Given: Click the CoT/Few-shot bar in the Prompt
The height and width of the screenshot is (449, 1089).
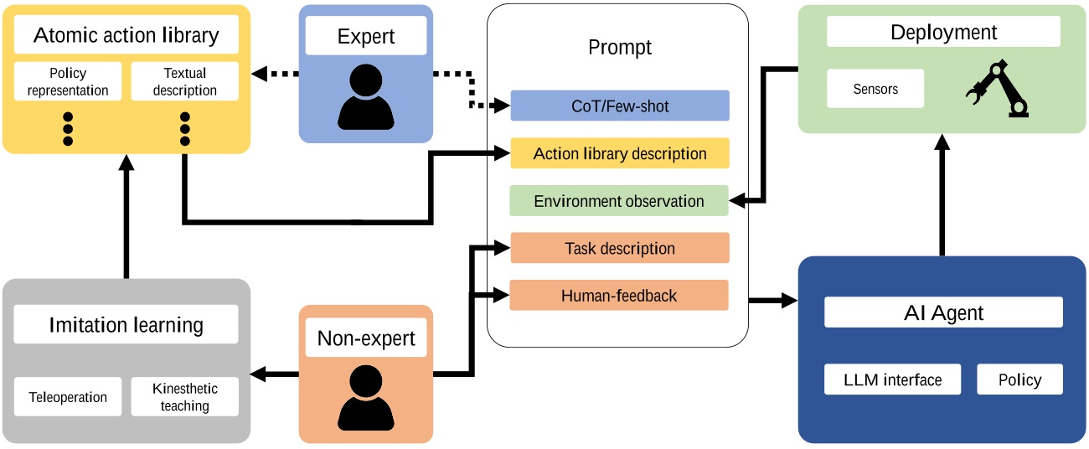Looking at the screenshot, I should [620, 106].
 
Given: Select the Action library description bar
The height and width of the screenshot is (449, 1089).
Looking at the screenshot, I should [620, 153].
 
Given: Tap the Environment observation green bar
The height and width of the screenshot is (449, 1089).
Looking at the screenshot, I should [619, 201].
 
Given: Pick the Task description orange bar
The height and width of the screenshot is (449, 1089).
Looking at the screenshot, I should [620, 248].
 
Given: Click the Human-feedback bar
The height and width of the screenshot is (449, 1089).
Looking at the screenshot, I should [619, 295].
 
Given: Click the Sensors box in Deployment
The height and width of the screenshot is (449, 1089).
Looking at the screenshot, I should [875, 89].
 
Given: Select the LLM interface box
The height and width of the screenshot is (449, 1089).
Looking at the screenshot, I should [892, 379].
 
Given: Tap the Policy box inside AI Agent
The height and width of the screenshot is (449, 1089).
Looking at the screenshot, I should [1019, 379].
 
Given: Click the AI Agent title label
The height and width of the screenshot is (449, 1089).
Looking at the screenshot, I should [943, 313].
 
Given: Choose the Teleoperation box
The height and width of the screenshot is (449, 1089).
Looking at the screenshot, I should [68, 397].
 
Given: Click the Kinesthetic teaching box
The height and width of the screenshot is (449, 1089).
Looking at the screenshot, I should [185, 397].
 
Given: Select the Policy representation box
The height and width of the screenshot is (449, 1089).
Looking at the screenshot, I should [68, 81].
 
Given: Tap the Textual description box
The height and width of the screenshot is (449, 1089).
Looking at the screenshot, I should [185, 81].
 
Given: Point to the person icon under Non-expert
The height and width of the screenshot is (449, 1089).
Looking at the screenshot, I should [366, 397].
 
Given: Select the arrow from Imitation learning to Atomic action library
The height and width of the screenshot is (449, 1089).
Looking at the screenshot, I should [126, 218].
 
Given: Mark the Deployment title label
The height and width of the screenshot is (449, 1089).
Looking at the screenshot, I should [943, 33].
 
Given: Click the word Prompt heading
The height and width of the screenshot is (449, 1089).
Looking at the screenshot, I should [620, 47].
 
